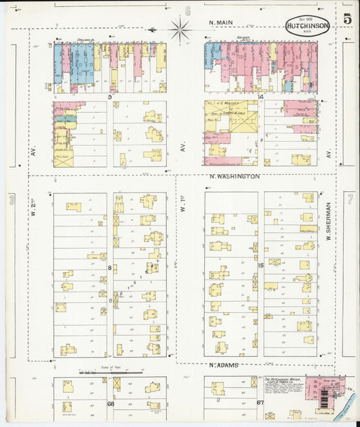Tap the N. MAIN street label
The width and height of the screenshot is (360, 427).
220,23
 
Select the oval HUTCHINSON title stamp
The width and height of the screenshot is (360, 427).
307,26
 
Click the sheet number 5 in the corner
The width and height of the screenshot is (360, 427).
346,19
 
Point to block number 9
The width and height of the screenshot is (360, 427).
109,97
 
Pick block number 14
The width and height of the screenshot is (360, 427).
260,97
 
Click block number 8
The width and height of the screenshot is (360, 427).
109,268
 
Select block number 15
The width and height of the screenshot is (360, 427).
260,266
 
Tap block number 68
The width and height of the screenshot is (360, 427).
110,403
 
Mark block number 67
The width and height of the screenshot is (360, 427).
260,403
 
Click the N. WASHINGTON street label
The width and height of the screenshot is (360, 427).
234,176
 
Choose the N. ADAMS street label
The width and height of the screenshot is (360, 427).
225,366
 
